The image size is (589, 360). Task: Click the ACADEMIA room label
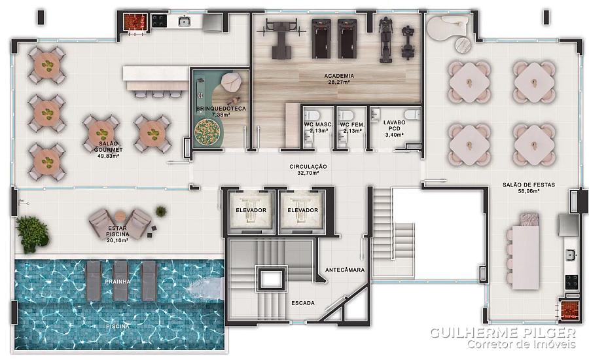click(x=339, y=76)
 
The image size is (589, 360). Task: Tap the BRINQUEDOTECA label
click(x=221, y=109)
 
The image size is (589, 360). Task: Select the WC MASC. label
click(x=319, y=125)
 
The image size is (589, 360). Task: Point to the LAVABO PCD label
click(x=395, y=126)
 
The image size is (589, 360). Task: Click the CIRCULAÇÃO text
click(x=308, y=166)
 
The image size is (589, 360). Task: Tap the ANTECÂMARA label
click(x=345, y=270)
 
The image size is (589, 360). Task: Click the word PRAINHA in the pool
click(x=118, y=281)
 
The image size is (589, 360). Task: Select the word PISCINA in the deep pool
click(x=118, y=326)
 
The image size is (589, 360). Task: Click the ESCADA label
click(x=303, y=303)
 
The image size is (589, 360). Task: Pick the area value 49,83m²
click(x=108, y=156)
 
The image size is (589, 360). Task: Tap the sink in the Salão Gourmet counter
click(x=184, y=21)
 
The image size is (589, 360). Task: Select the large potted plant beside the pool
click(x=32, y=233)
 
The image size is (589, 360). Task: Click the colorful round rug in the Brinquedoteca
click(x=207, y=131)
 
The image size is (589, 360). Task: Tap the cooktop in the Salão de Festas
click(x=572, y=282)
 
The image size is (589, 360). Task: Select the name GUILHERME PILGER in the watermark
click(x=503, y=333)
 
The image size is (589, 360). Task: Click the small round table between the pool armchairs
click(x=120, y=217)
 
